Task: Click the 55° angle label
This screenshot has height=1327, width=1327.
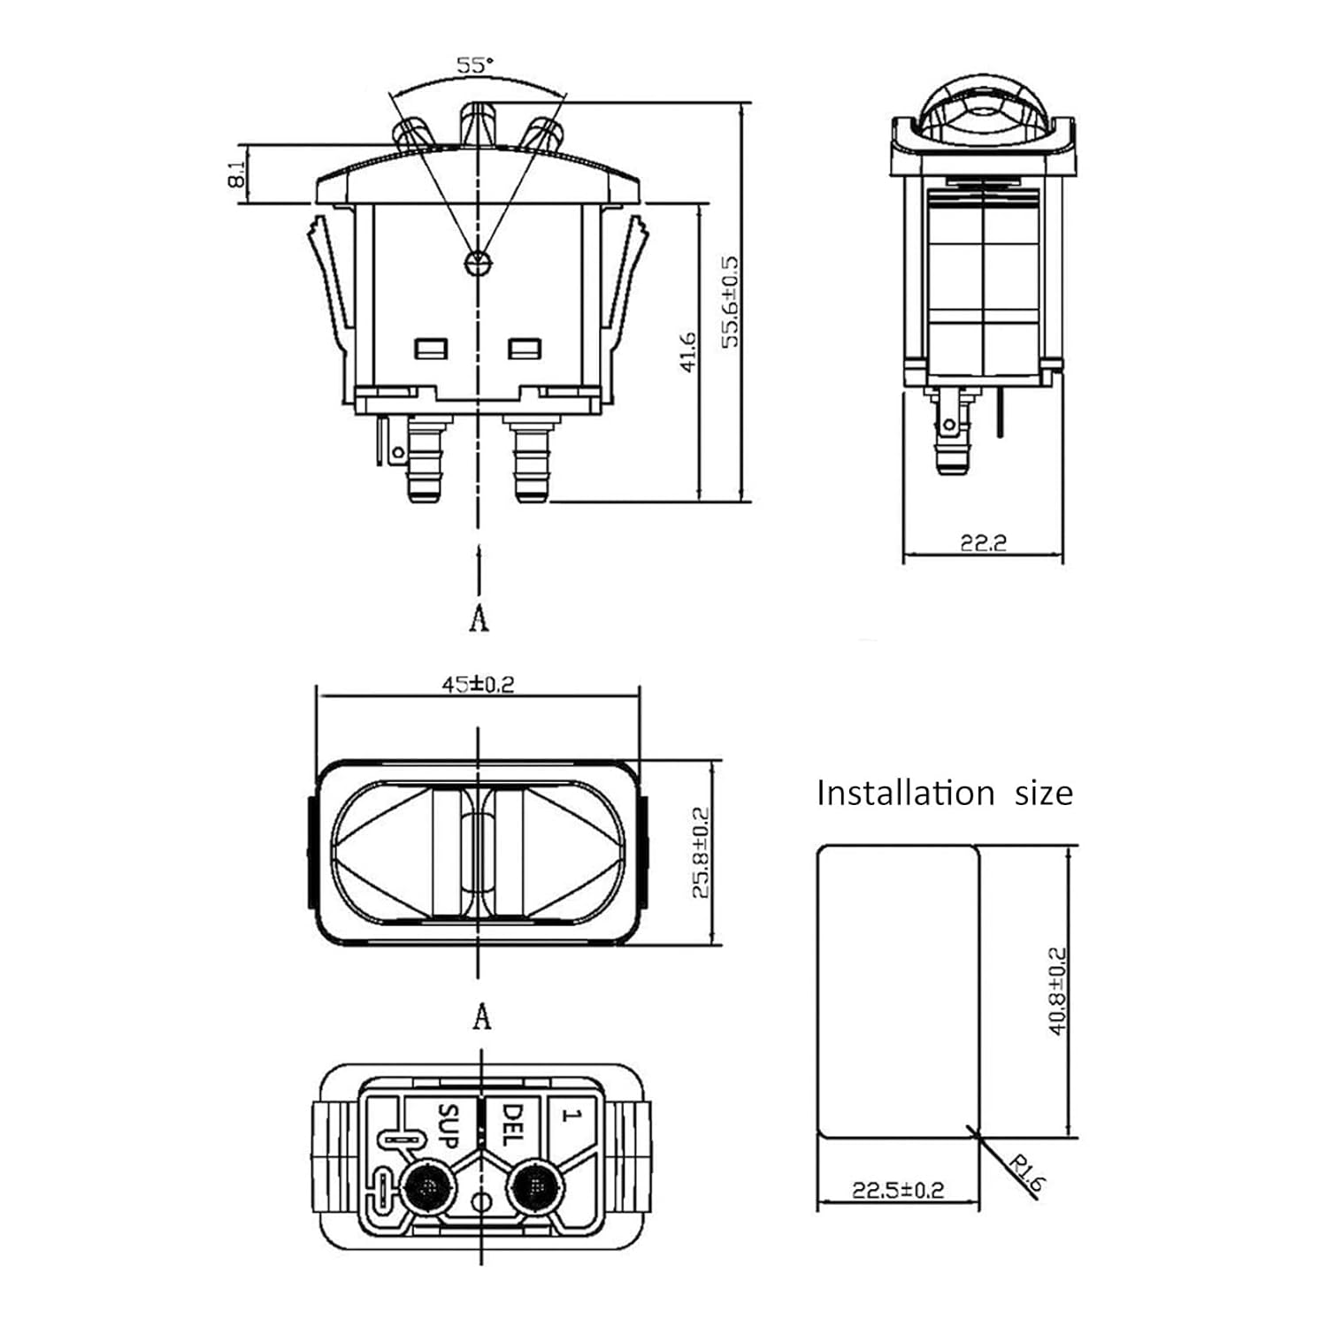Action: [x=475, y=65]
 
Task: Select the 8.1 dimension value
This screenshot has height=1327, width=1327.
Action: [x=236, y=174]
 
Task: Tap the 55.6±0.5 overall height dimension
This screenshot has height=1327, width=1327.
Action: [x=730, y=303]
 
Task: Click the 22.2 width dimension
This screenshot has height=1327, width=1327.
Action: [x=983, y=542]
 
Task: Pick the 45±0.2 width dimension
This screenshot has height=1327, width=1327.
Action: [x=478, y=684]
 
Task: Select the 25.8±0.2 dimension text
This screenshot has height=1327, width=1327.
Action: [x=700, y=852]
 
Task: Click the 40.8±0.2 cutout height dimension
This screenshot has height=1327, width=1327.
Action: [x=1057, y=991]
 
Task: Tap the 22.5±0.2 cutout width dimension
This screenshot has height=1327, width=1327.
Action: [x=897, y=1190]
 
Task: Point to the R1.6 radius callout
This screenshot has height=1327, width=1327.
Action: [x=1025, y=1177]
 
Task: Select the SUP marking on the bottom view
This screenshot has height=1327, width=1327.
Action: [x=449, y=1125]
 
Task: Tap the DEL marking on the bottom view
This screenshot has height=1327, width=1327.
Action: [x=512, y=1124]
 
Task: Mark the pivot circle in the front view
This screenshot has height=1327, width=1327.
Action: [x=477, y=263]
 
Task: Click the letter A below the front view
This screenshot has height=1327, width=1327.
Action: [x=479, y=618]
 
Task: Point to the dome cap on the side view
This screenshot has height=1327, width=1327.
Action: [x=982, y=111]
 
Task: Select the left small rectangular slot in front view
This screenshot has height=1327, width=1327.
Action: [x=431, y=349]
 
